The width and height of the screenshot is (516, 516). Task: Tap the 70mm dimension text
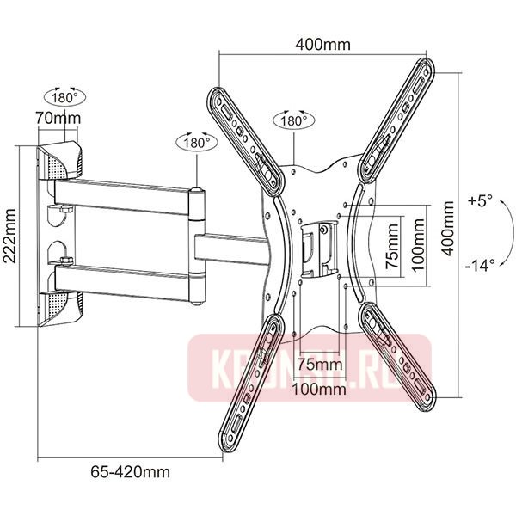point(64,118)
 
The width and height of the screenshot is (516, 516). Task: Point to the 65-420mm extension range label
point(131,471)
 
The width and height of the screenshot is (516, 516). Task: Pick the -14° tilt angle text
point(480,265)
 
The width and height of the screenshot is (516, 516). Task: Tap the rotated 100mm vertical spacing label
point(415,243)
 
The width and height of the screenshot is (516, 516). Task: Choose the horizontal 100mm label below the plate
point(320,389)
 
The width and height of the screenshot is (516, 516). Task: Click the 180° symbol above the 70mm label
point(65,95)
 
